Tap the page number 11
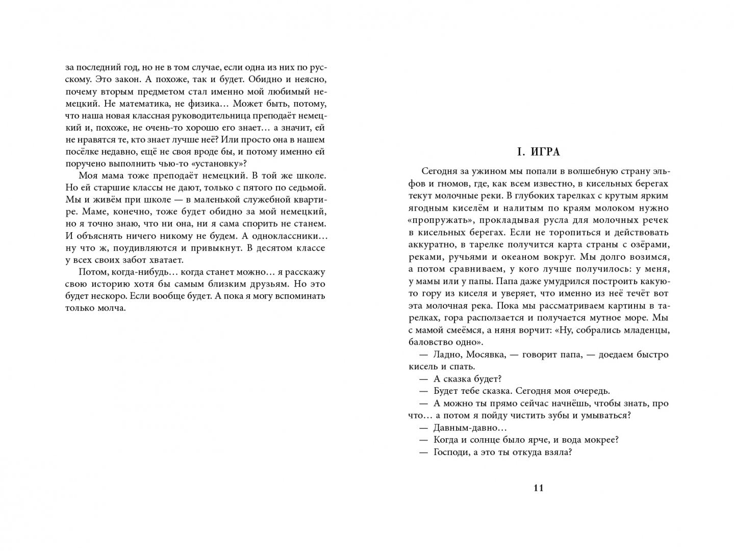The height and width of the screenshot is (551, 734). point(539,488)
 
